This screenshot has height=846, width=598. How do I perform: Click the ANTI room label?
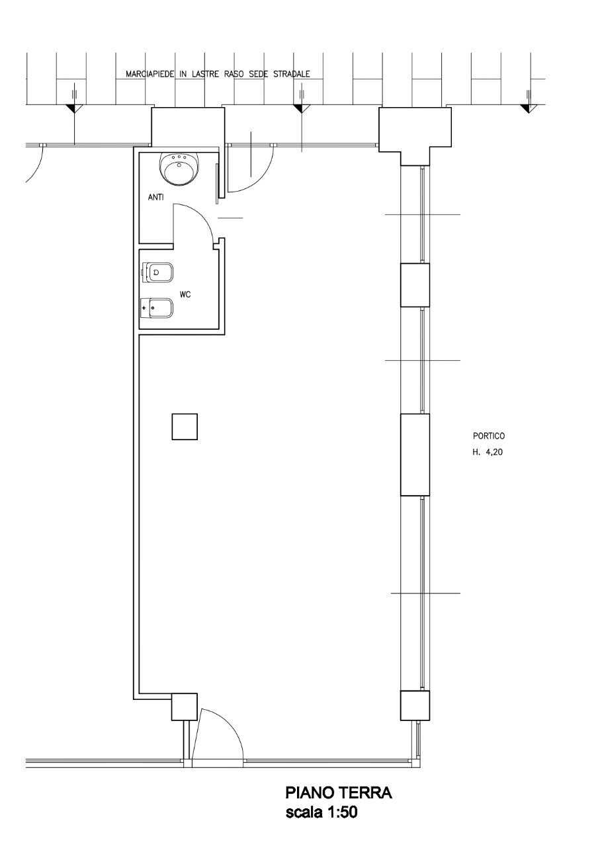coord(155,197)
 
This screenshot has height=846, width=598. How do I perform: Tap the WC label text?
coord(185,295)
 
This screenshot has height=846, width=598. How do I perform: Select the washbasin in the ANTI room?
coord(179,169)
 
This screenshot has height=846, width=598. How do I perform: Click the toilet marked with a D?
coord(157,272)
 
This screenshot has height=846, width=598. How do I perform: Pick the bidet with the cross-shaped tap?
coord(157,308)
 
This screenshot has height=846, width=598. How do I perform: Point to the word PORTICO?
coord(489,436)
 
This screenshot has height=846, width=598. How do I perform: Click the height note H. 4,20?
coord(488,452)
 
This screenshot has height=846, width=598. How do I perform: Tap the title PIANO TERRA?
coord(338,792)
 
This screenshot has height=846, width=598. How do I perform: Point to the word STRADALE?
coord(292,74)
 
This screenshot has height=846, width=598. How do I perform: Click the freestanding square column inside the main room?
coord(185,427)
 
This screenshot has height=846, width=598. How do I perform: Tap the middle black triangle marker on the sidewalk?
coord(301,109)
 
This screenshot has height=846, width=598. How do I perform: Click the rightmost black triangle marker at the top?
coord(528,109)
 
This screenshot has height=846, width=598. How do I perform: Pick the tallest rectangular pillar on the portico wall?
coord(415,455)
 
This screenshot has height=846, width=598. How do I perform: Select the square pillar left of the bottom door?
coord(185,707)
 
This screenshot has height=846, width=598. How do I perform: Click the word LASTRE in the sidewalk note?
coord(205,74)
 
